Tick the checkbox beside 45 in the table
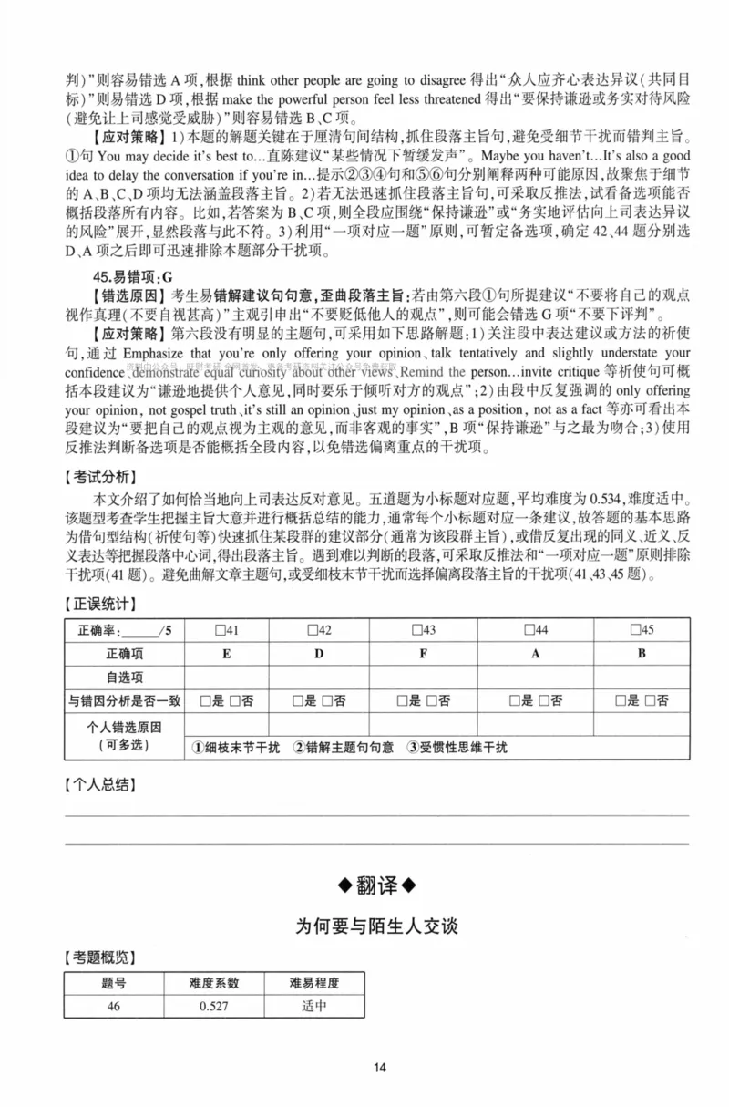point(636,629)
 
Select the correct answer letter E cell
point(226,653)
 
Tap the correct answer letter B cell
point(641,653)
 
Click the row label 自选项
point(125,677)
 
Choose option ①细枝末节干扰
point(236,747)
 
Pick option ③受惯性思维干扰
point(457,747)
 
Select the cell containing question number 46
point(113,1006)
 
